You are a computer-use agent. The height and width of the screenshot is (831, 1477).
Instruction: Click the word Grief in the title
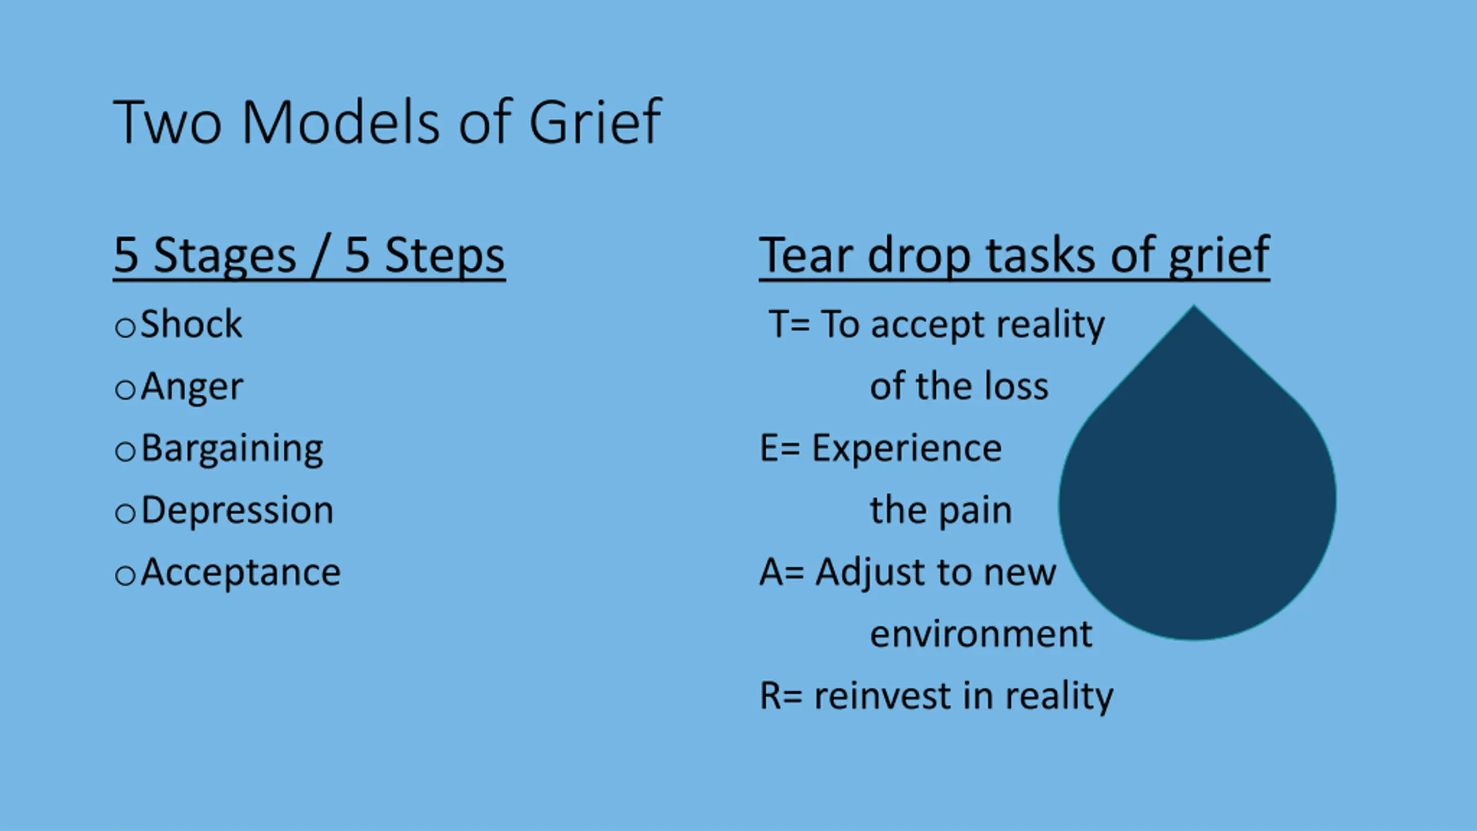(x=595, y=122)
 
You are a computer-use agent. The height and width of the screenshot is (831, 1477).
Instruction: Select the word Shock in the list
(x=191, y=324)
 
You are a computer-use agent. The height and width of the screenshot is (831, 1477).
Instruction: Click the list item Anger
(x=192, y=387)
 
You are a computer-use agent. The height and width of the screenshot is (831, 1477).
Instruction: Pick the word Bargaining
(x=232, y=450)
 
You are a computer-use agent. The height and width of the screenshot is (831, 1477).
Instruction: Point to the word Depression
(x=237, y=511)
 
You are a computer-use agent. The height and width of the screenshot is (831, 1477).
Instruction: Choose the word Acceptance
(x=241, y=573)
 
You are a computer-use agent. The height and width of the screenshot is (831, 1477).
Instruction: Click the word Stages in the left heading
(x=225, y=256)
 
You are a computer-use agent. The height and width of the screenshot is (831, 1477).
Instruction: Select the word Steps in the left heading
(x=445, y=256)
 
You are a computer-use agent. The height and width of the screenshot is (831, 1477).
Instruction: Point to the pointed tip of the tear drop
(x=1194, y=305)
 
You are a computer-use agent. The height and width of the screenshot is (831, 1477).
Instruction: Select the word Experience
(x=907, y=448)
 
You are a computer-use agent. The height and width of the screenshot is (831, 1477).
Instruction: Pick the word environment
(x=981, y=634)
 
